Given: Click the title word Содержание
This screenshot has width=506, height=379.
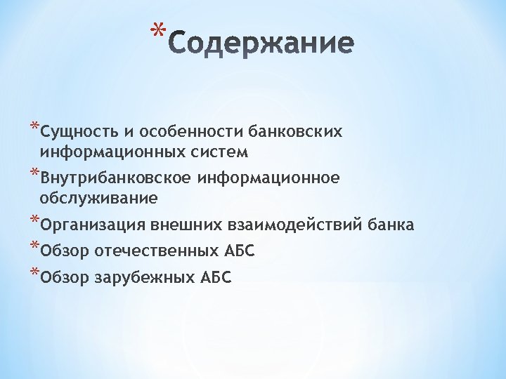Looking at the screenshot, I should [261, 44].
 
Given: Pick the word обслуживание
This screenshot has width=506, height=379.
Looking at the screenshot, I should [98, 199].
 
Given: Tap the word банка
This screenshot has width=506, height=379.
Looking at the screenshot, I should [389, 225].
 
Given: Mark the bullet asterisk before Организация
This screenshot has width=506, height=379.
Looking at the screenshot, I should [34, 221].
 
